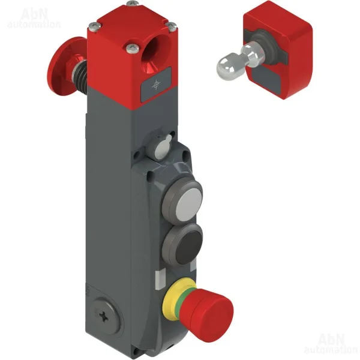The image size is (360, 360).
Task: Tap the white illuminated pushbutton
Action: (x=189, y=203)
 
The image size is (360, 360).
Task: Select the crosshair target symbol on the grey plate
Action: (x=156, y=85)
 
